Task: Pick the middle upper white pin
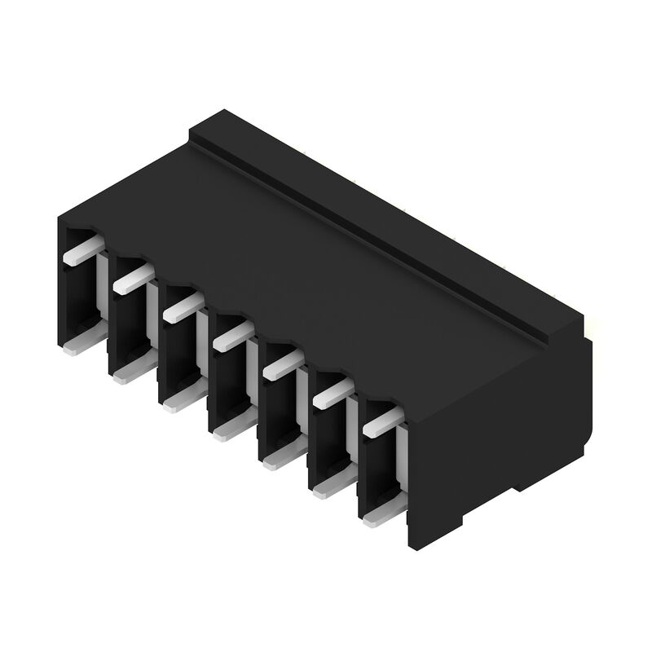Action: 231,334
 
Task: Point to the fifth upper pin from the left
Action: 280,362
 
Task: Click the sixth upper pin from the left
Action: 329,392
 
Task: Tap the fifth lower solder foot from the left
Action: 275,460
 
